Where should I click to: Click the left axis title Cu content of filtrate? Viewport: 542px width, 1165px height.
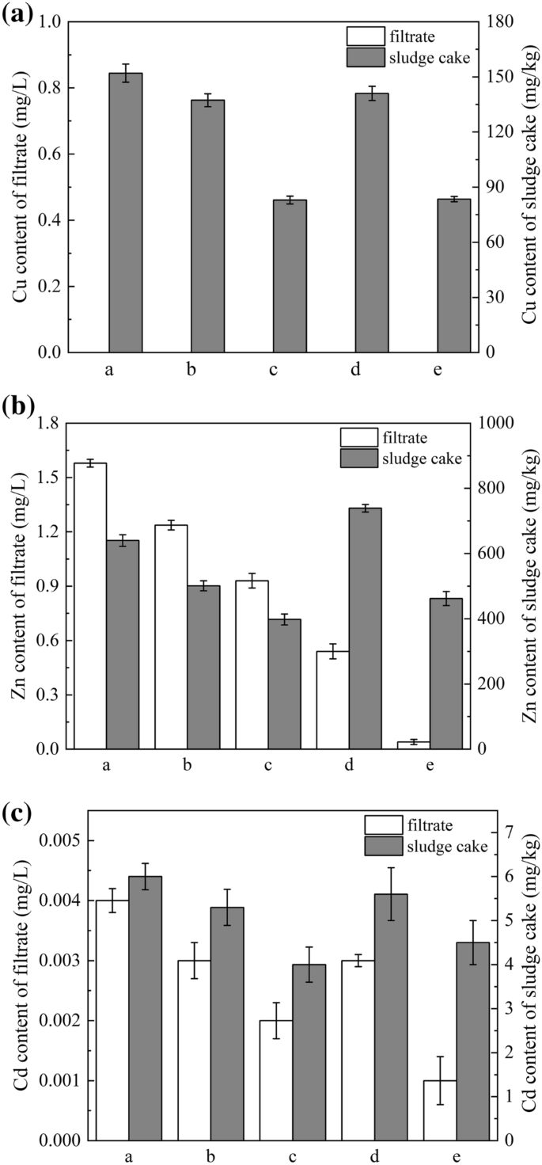(x=19, y=187)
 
